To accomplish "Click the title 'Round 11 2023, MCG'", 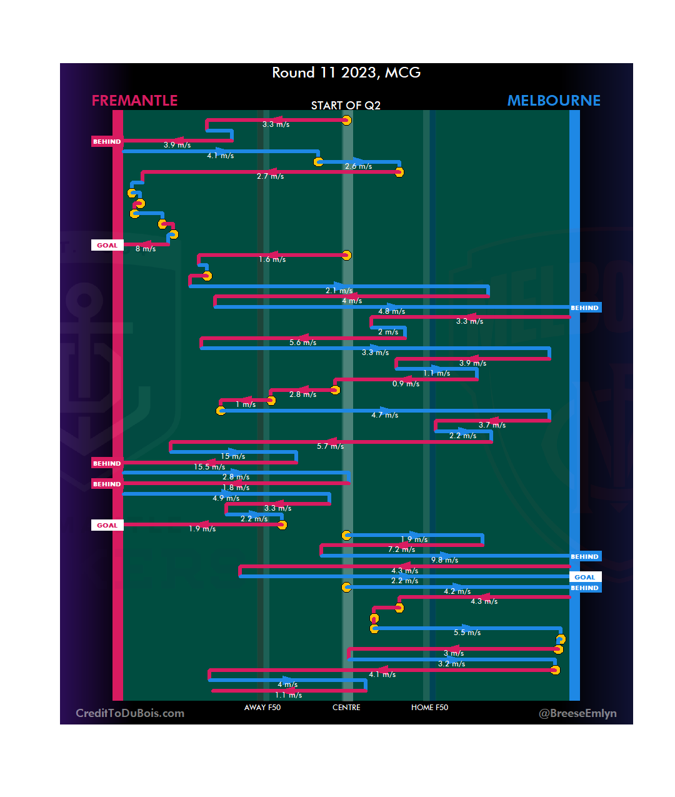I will pyautogui.click(x=346, y=73).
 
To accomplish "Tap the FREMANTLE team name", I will pyautogui.click(x=134, y=101).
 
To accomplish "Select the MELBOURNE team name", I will pyautogui.click(x=554, y=101).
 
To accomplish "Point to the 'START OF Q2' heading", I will pyautogui.click(x=346, y=106).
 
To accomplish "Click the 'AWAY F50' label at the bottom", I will pyautogui.click(x=262, y=708).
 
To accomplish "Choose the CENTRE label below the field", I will pyautogui.click(x=346, y=708).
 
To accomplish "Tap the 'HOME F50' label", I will pyautogui.click(x=429, y=708).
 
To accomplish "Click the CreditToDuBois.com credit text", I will pyautogui.click(x=130, y=713).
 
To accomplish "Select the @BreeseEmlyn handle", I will pyautogui.click(x=577, y=713).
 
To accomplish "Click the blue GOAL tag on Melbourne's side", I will pyautogui.click(x=585, y=578).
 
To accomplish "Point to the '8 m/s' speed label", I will pyautogui.click(x=146, y=249).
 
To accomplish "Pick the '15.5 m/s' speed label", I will pyautogui.click(x=209, y=467).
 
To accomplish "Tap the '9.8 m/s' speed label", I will pyautogui.click(x=444, y=560).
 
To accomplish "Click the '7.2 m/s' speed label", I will pyautogui.click(x=401, y=549).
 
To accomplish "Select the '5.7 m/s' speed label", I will pyautogui.click(x=330, y=446).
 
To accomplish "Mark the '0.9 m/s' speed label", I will pyautogui.click(x=406, y=384).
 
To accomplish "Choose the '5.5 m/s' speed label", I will pyautogui.click(x=467, y=633).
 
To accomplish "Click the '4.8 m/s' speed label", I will pyautogui.click(x=391, y=311).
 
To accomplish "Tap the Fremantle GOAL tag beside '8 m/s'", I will pyautogui.click(x=107, y=246).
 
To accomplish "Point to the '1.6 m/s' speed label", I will pyautogui.click(x=272, y=259).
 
